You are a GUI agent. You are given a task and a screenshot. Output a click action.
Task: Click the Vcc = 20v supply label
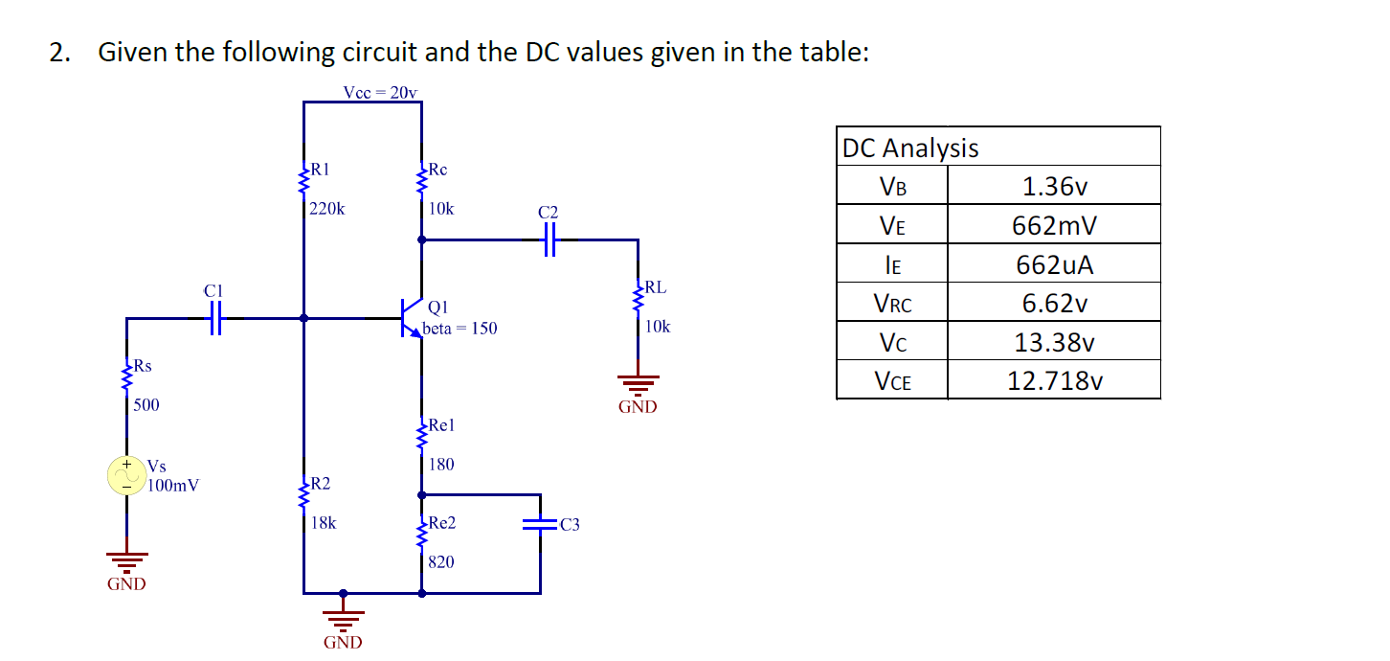(380, 92)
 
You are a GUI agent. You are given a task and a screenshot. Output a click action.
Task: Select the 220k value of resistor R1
(328, 208)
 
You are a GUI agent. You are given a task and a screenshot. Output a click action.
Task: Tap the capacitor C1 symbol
(215, 318)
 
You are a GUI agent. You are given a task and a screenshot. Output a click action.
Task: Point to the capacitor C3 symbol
(541, 524)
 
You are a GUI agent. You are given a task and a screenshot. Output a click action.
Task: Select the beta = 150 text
(460, 329)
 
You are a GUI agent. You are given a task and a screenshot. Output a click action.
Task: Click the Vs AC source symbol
(125, 474)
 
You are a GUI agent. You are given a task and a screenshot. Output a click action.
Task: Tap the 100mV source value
(173, 485)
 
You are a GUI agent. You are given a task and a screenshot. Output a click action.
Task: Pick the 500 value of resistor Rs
(146, 404)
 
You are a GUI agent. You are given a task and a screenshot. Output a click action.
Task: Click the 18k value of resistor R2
(325, 523)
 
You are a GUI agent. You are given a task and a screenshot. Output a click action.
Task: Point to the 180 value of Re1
(441, 465)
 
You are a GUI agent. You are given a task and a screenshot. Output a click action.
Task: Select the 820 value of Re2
(441, 562)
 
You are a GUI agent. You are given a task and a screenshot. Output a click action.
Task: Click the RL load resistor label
(656, 286)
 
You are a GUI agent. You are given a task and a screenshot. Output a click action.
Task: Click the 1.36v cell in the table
(1054, 186)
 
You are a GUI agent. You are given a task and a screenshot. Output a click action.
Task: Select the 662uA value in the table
(1054, 265)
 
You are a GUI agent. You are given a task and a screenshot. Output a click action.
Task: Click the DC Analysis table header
(909, 148)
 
